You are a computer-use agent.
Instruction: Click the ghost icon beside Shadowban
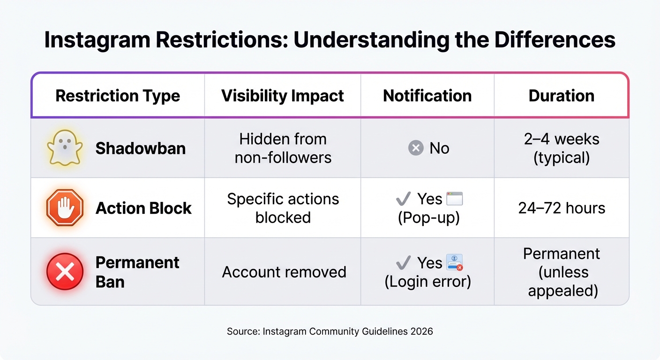[65, 148]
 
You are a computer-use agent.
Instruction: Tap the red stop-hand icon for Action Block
[65, 208]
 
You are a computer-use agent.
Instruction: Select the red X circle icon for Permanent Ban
[65, 272]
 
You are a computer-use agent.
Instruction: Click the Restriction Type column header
[118, 96]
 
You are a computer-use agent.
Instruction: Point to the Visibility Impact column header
[283, 96]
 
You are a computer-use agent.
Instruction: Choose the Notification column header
[427, 96]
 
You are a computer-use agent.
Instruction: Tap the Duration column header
[561, 96]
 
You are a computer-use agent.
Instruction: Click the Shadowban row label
[141, 149]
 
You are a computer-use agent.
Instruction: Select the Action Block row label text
[143, 208]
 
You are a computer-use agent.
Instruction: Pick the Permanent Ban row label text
[137, 272]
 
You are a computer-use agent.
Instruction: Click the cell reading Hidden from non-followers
[283, 148]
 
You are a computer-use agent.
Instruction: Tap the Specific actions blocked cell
[283, 208]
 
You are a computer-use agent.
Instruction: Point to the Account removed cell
[284, 272]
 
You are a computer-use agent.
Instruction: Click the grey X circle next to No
[416, 149]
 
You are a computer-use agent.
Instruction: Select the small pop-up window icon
[454, 199]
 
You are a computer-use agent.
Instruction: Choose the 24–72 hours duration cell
[562, 208]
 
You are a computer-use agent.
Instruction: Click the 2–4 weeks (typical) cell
[562, 148]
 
